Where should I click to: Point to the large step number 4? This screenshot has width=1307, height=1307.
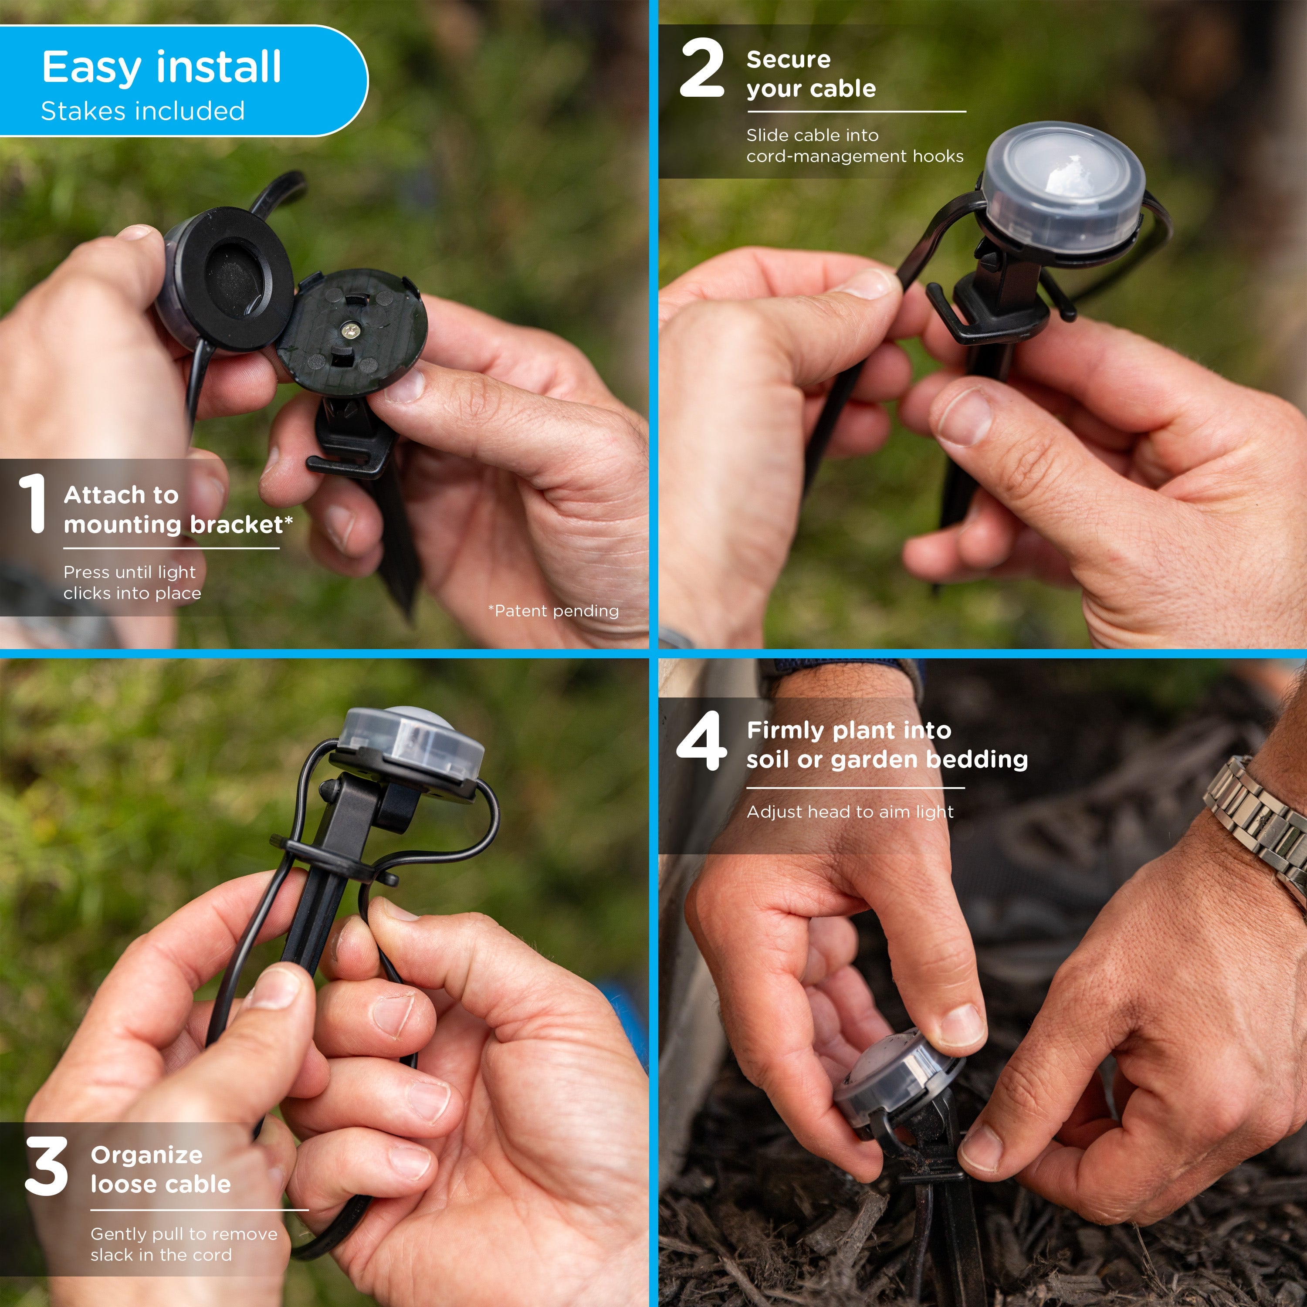pos(701,740)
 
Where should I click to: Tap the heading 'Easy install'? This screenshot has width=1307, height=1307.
pos(162,67)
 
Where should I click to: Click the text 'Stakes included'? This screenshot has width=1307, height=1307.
pos(143,111)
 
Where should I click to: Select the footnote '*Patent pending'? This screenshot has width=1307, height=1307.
pos(553,611)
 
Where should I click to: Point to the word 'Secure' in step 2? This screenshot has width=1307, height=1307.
pos(788,60)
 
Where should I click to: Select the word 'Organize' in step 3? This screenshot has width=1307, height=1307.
pos(146,1155)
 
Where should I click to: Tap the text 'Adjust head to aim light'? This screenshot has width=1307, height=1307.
pos(850,812)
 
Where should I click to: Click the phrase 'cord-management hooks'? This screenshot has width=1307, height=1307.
pos(854,156)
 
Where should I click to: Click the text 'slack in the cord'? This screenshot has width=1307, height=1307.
pos(161,1255)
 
